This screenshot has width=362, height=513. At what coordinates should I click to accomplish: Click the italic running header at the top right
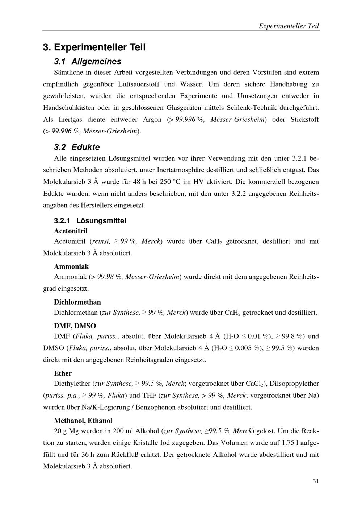click(289, 26)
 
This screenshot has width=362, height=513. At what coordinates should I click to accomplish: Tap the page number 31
click(316, 481)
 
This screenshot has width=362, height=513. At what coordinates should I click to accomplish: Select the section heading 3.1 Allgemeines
click(87, 61)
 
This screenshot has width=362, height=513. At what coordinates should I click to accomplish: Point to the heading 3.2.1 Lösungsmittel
click(90, 220)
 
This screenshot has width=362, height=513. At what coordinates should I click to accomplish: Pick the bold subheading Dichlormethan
click(77, 302)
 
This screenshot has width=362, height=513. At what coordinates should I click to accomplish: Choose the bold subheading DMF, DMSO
click(75, 326)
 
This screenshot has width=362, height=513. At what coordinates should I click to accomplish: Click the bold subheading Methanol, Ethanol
click(83, 421)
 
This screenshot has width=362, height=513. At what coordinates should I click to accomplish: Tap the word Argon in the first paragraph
click(152, 120)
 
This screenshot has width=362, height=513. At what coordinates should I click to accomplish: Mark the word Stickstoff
click(305, 120)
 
